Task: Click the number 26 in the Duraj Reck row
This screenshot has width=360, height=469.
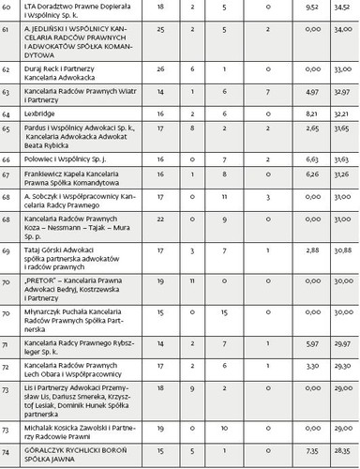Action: tap(162, 69)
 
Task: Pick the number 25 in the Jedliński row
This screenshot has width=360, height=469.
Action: tap(162, 30)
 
